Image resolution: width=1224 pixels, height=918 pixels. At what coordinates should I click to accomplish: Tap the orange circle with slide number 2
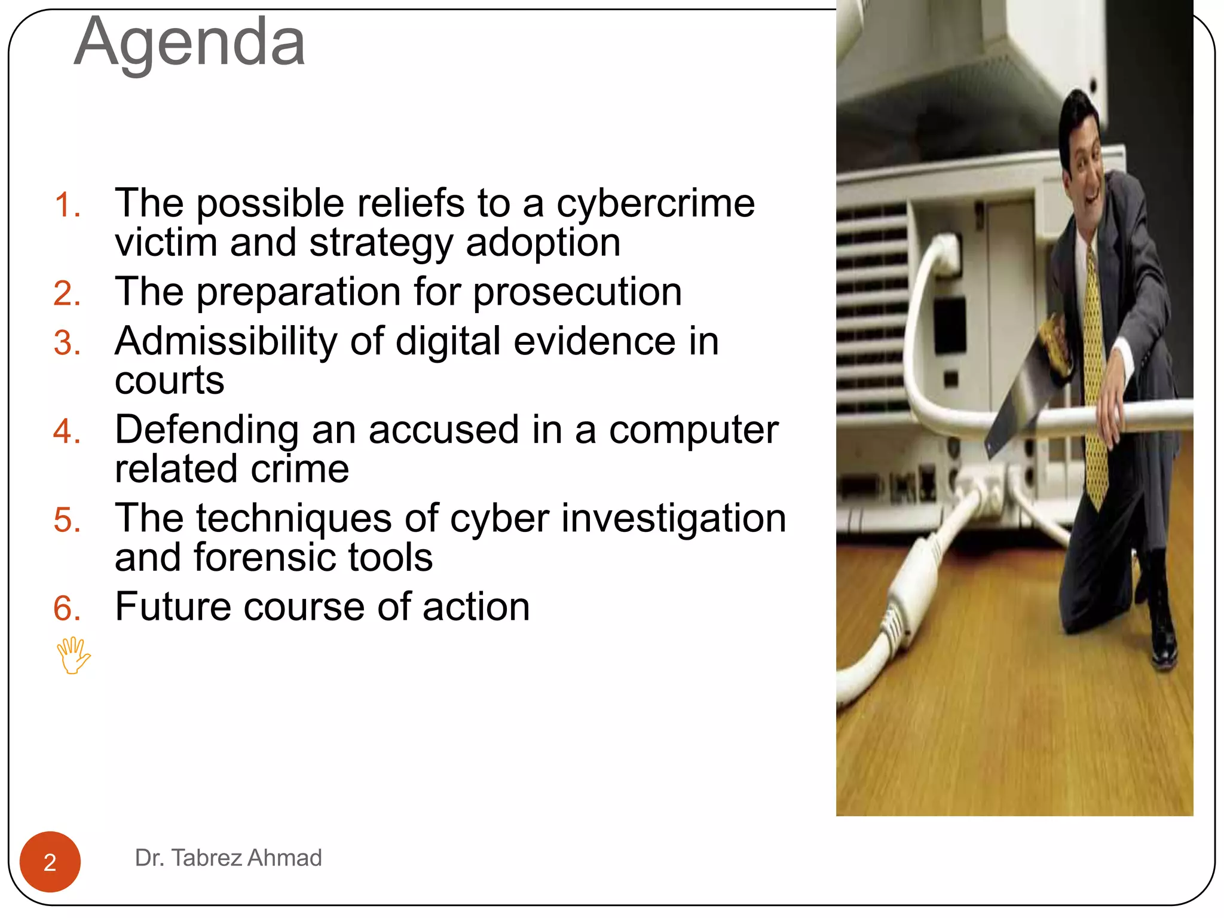coord(50,862)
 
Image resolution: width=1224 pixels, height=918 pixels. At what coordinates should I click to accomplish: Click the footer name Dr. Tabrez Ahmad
coord(228,858)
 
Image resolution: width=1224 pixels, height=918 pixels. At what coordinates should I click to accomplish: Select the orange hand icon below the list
coord(73,656)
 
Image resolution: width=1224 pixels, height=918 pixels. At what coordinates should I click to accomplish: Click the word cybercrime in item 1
coord(656,204)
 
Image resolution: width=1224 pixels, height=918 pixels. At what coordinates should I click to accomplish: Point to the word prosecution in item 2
coord(577,292)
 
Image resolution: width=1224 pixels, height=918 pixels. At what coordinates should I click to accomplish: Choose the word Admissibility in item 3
coord(227,341)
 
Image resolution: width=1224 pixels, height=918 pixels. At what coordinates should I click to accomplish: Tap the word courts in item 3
coord(170,381)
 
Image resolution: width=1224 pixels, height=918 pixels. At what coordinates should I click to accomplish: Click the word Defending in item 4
coord(207,430)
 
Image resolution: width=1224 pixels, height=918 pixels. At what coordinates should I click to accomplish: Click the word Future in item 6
coord(173,607)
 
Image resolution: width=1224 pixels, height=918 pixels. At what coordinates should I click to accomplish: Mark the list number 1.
coord(67,205)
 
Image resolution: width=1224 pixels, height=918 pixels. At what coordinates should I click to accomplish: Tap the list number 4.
coord(67,432)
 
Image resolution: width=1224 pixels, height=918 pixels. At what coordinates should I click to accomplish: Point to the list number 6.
coord(67,608)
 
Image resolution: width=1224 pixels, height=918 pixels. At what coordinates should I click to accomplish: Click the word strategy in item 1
coord(380,243)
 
